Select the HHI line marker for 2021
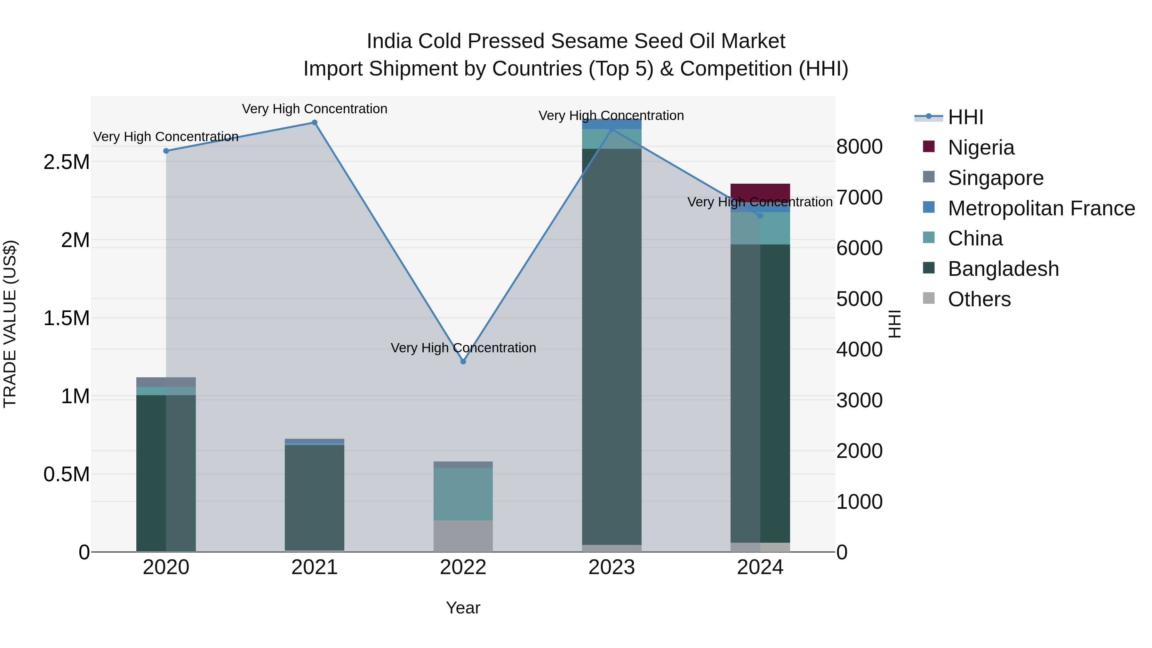tap(314, 123)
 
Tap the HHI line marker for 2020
tap(166, 151)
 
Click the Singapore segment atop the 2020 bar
tap(166, 382)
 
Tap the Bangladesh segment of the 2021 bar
tap(314, 496)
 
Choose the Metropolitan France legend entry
tap(1041, 208)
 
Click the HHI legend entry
tap(965, 117)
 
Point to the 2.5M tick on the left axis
tap(66, 162)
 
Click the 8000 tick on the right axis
tap(859, 147)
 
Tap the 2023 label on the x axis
tap(611, 567)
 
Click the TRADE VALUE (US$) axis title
tap(10, 324)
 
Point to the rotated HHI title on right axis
tap(894, 324)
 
